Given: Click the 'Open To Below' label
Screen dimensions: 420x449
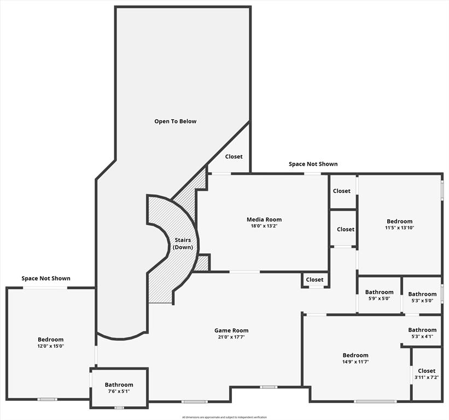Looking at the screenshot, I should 175,121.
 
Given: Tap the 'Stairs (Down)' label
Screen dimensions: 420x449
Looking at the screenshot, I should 183,243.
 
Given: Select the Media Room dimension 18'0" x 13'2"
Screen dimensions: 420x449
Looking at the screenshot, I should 264,227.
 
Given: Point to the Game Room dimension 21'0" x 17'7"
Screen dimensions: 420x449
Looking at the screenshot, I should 231,337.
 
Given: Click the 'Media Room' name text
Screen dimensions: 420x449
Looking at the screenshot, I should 264,220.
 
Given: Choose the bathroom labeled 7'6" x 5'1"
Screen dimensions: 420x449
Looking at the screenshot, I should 119,388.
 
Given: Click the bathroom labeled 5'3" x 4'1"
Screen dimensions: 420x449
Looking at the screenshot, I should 422,333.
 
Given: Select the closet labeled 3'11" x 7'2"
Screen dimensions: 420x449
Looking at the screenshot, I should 427,374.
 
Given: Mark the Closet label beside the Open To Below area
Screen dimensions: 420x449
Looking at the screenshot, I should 234,156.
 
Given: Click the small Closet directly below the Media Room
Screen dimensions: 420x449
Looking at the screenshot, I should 314,279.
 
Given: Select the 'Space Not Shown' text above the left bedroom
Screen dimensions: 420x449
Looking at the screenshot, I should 46,278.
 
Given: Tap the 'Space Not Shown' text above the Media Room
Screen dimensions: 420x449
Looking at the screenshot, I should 313,164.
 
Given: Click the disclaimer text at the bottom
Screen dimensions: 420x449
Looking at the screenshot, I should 224,417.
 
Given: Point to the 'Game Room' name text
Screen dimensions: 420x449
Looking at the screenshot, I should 231,330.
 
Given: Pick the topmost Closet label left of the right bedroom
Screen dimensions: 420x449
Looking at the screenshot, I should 342,191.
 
